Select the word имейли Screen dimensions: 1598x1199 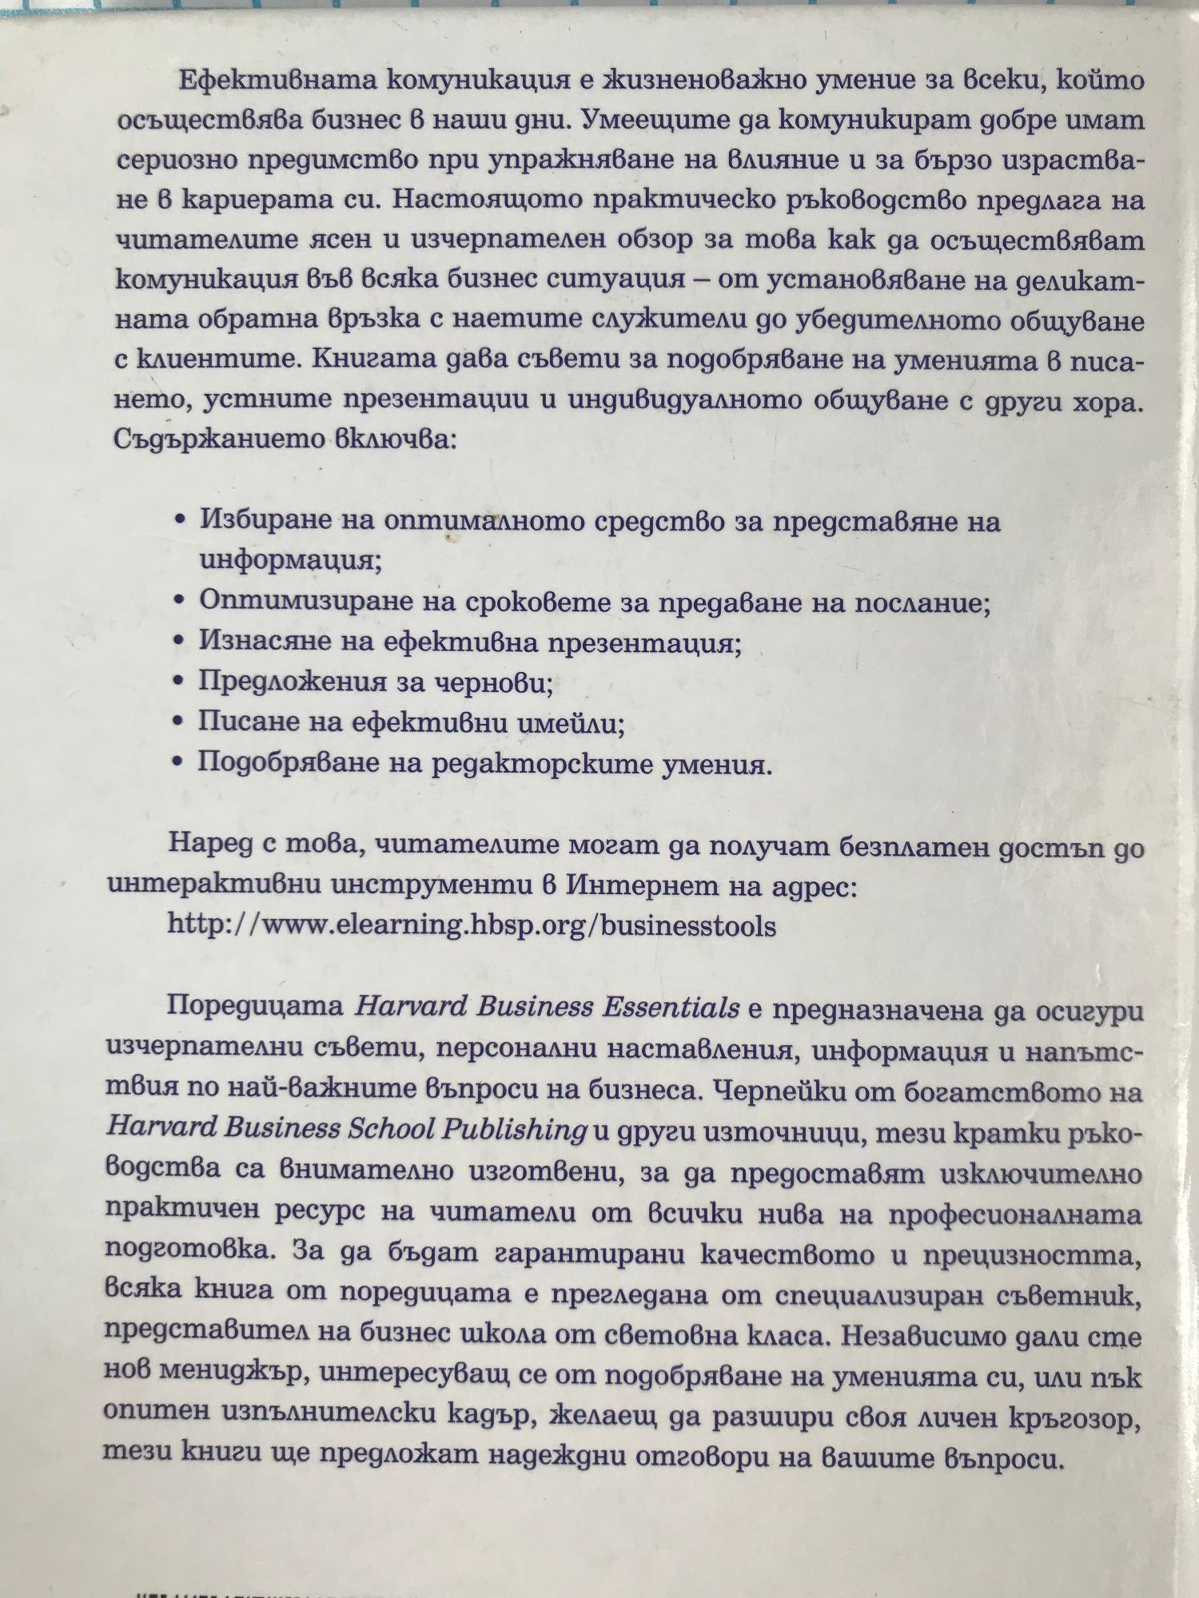point(570,723)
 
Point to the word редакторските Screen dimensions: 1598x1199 point(544,764)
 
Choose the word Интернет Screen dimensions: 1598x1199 point(630,886)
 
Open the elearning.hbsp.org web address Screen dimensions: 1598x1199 point(472,926)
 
